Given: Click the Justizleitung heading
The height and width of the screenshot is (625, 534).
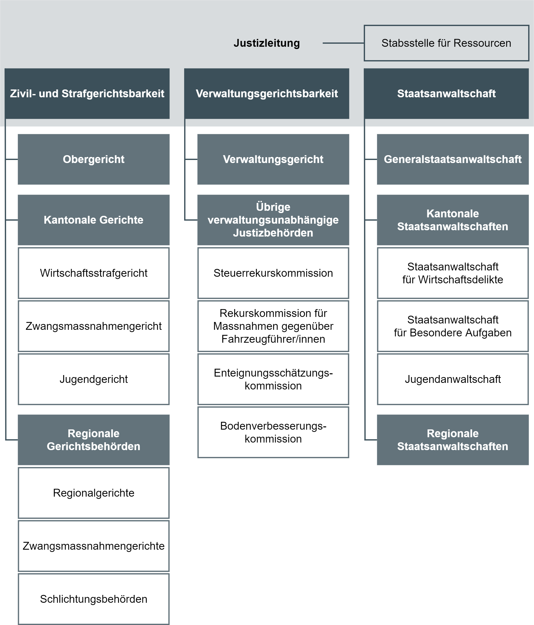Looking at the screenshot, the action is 267,43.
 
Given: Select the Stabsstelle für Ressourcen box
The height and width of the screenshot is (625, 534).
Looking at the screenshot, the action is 446,43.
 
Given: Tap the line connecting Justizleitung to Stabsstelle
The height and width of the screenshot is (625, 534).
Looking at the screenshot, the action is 343,43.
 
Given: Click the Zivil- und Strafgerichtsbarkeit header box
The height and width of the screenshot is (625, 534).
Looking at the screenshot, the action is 87,94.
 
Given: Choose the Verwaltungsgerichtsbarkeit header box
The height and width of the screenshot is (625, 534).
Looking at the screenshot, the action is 267,94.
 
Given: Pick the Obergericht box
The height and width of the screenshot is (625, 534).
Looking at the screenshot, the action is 94,159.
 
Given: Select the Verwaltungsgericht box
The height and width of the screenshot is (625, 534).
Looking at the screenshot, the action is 273,159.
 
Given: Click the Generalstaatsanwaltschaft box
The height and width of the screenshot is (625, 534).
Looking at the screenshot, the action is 453,159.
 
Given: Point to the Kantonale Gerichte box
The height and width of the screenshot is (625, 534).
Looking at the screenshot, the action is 94,220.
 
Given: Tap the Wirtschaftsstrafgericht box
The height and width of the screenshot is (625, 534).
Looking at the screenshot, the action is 94,273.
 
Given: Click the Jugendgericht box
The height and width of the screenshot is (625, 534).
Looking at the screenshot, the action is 94,379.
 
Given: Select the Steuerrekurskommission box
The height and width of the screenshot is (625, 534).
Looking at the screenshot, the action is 273,273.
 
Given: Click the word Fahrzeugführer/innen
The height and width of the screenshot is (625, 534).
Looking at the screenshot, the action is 273,339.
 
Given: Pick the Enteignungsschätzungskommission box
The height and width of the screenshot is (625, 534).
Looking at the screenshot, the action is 273,379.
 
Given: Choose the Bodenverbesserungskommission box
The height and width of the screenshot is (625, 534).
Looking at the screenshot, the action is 273,432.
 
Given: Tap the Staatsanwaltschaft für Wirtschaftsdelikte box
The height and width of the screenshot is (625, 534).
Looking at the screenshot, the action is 453,273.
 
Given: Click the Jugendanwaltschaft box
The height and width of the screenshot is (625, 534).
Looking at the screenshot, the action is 453,379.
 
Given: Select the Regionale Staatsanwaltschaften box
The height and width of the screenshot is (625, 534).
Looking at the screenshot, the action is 453,440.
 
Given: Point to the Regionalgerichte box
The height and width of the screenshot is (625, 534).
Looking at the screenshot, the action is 94,493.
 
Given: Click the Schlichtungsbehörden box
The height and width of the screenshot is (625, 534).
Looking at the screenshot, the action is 94,599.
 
